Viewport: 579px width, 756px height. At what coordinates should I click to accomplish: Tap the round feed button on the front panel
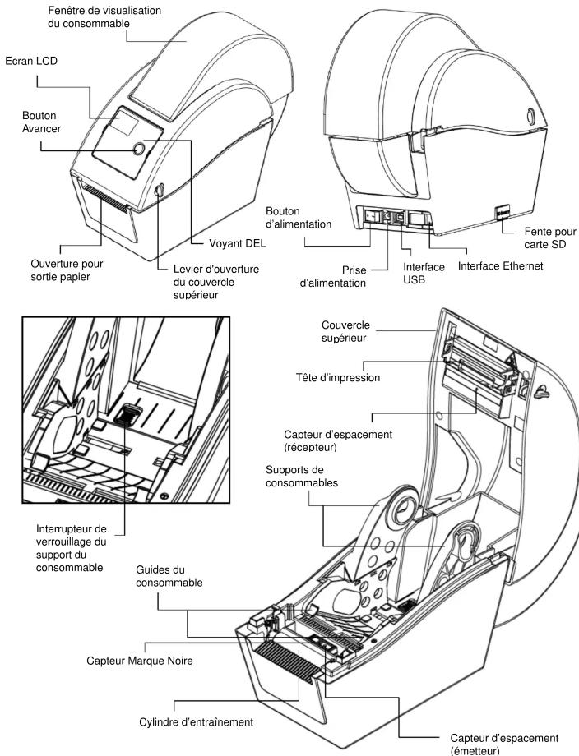(x=137, y=149)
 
